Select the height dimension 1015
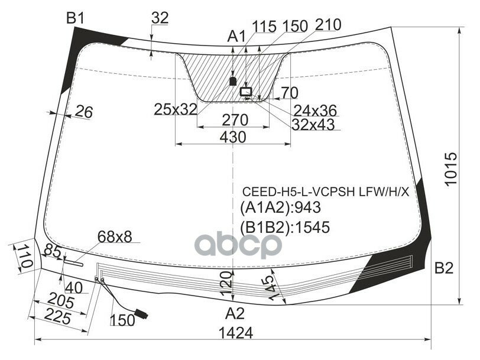pyautogui.click(x=452, y=170)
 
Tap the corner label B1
pyautogui.click(x=75, y=19)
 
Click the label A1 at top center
pyautogui.click(x=236, y=37)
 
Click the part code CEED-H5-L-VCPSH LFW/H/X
pyautogui.click(x=326, y=192)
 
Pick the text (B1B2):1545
pyautogui.click(x=284, y=227)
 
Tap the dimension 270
pyautogui.click(x=234, y=120)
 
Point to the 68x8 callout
pyautogui.click(x=115, y=237)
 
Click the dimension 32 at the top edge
pyautogui.click(x=160, y=18)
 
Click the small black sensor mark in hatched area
pyautogui.click(x=233, y=80)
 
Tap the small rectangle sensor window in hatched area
pyautogui.click(x=245, y=92)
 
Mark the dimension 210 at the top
pyautogui.click(x=328, y=25)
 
